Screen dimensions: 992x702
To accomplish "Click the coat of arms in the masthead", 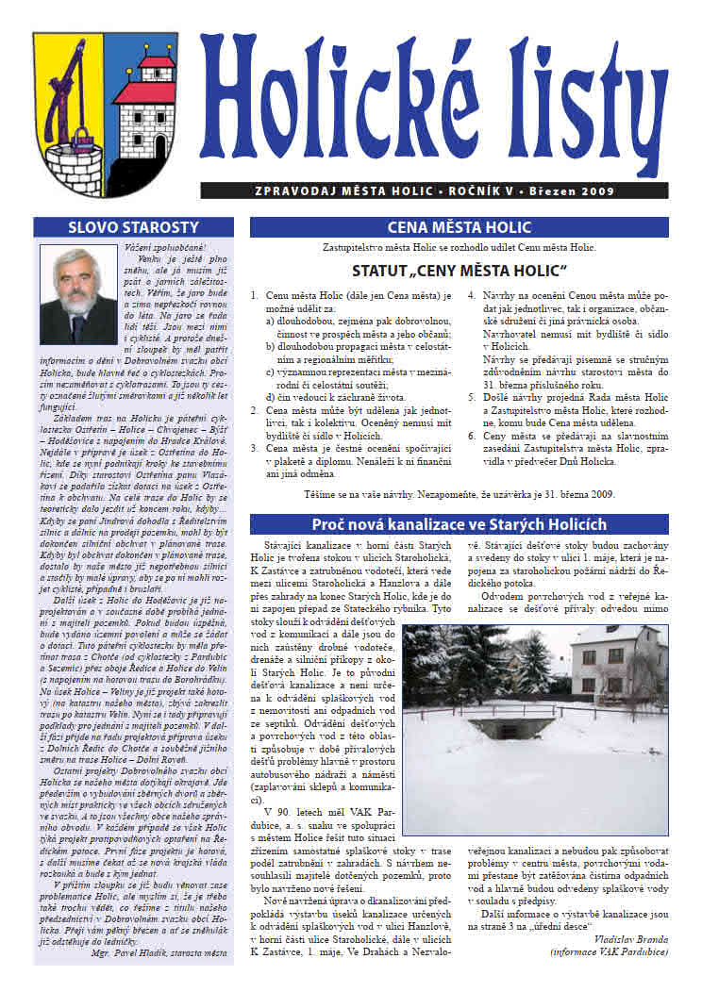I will click(105, 101).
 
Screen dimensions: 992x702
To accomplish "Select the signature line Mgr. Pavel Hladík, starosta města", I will click(153, 952).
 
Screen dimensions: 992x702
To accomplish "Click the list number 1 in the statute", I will click(255, 295).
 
